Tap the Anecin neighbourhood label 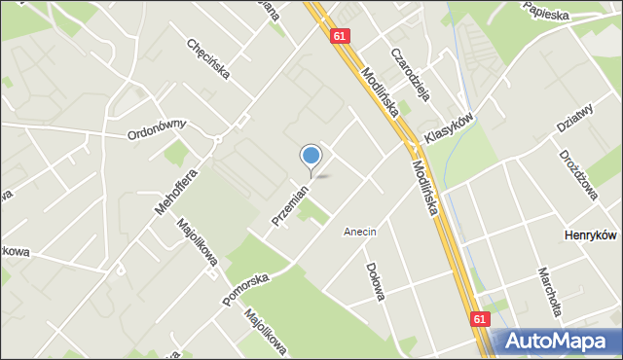click(x=359, y=232)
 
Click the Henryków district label click(x=592, y=235)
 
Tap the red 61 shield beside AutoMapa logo click(x=481, y=318)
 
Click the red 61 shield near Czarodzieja click(x=338, y=36)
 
